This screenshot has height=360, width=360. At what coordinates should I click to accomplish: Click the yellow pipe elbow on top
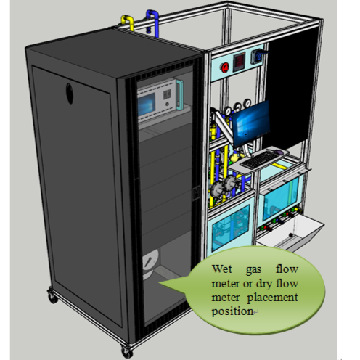[x=128, y=22]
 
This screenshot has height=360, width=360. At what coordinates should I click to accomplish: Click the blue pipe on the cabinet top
[x=153, y=22]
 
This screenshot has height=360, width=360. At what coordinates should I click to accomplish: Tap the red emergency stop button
[x=225, y=67]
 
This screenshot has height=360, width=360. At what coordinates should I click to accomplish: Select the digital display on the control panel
[x=239, y=62]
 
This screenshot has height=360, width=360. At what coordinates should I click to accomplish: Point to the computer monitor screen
[x=251, y=123]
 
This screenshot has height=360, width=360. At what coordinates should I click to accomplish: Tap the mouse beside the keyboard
[x=279, y=152]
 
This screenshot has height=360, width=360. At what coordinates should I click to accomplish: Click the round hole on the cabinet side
[x=70, y=94]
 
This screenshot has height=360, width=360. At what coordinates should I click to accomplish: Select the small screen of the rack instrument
[x=147, y=105]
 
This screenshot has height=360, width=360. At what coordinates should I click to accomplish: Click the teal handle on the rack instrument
[x=179, y=94]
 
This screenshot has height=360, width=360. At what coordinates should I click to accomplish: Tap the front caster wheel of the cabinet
[x=127, y=353]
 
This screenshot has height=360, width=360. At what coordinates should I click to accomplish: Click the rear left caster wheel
[x=53, y=296]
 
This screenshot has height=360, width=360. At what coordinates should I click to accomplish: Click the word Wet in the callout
[x=222, y=269]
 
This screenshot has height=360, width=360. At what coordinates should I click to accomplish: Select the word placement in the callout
[x=273, y=298]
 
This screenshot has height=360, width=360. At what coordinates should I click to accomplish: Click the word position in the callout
[x=232, y=311]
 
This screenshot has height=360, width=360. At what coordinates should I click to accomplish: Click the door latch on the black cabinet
[x=196, y=193]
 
